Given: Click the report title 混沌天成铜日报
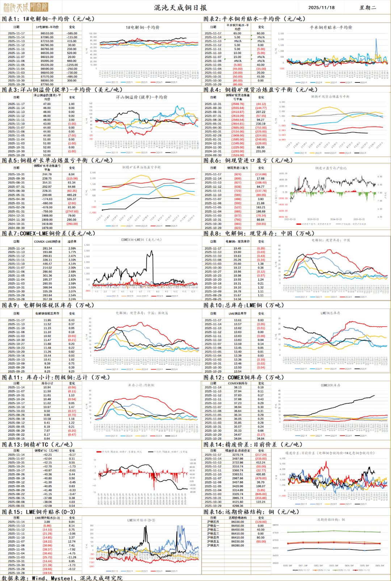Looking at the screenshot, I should tap(180, 8).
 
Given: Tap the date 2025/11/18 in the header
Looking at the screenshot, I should tap(321, 8).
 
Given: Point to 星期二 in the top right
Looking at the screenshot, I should tap(367, 8).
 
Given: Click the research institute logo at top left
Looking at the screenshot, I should tap(25, 7).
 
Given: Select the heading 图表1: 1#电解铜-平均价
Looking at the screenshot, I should tap(48, 19).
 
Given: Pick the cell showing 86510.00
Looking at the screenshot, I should tap(47, 33).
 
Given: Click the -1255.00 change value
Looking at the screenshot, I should tap(72, 65).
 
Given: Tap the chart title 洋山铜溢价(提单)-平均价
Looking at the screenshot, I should tap(142, 97).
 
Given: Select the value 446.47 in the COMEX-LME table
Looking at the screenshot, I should tap(47, 264).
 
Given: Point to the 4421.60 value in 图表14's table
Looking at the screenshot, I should tap(237, 502).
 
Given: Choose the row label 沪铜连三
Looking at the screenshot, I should tap(213, 534).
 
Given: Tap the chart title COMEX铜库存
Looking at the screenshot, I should tap(331, 385).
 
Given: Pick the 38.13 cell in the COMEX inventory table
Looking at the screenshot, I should tap(237, 387).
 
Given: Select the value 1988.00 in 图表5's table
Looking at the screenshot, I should tap(47, 216).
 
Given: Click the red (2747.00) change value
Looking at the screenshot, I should tap(72, 212).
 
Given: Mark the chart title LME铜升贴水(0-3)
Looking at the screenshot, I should tap(141, 520).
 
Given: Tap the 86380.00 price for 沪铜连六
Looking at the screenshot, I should tap(237, 546).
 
